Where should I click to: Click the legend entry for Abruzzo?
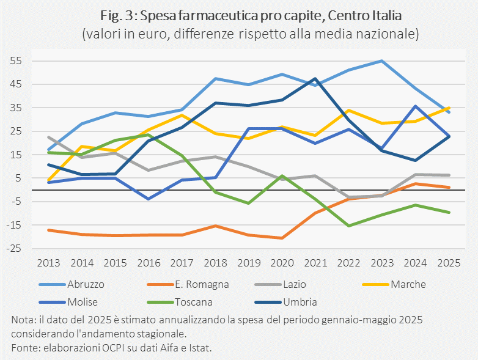point(72,284)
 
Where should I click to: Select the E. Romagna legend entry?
point(188,284)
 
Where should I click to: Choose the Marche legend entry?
point(394,284)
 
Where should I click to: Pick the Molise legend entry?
point(68,302)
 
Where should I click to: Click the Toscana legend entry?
point(180,302)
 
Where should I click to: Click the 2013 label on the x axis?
point(49,263)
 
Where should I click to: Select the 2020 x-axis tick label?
point(282,263)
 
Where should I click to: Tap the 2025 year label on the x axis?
point(449,263)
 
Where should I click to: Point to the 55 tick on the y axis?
point(16,61)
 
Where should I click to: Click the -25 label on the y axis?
point(14,248)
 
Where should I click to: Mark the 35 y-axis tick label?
point(16,108)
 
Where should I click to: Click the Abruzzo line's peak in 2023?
point(382,61)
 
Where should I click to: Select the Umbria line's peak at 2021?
point(315,79)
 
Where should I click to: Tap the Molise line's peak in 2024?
point(415,106)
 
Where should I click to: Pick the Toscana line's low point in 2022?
point(349,226)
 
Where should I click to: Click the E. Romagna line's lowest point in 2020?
point(282,238)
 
